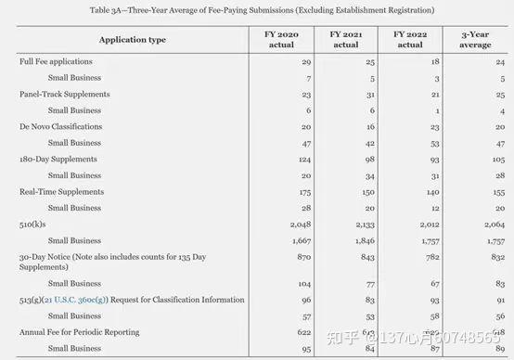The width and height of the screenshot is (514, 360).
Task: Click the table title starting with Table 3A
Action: click(261, 9)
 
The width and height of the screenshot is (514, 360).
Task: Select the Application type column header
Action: click(132, 41)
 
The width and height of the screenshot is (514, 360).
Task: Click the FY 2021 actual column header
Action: click(345, 39)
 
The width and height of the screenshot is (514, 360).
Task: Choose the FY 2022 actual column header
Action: click(409, 39)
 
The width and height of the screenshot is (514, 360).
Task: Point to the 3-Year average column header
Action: click(474, 39)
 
